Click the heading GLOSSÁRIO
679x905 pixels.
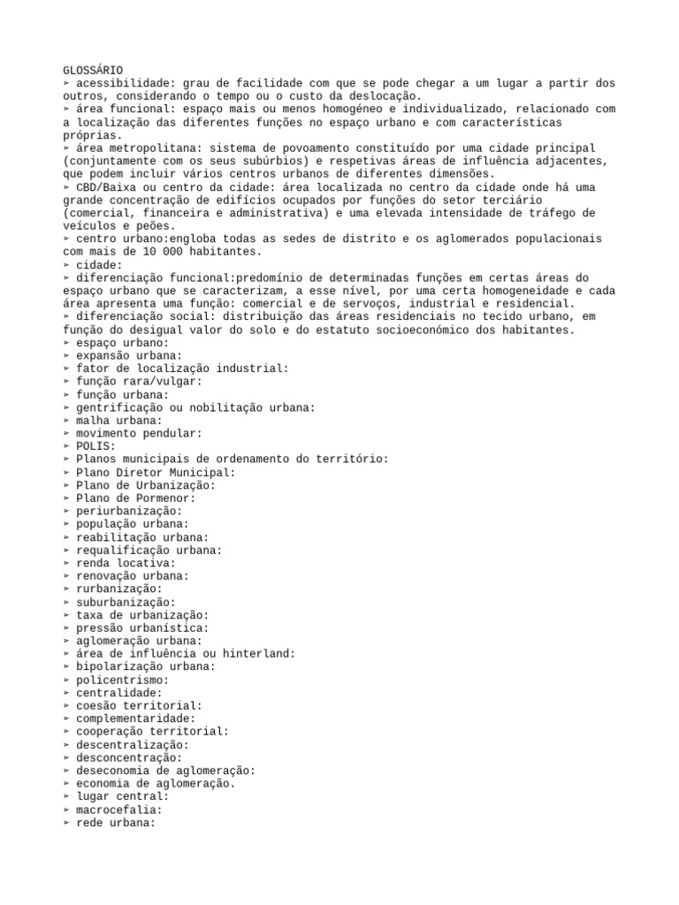93,70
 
